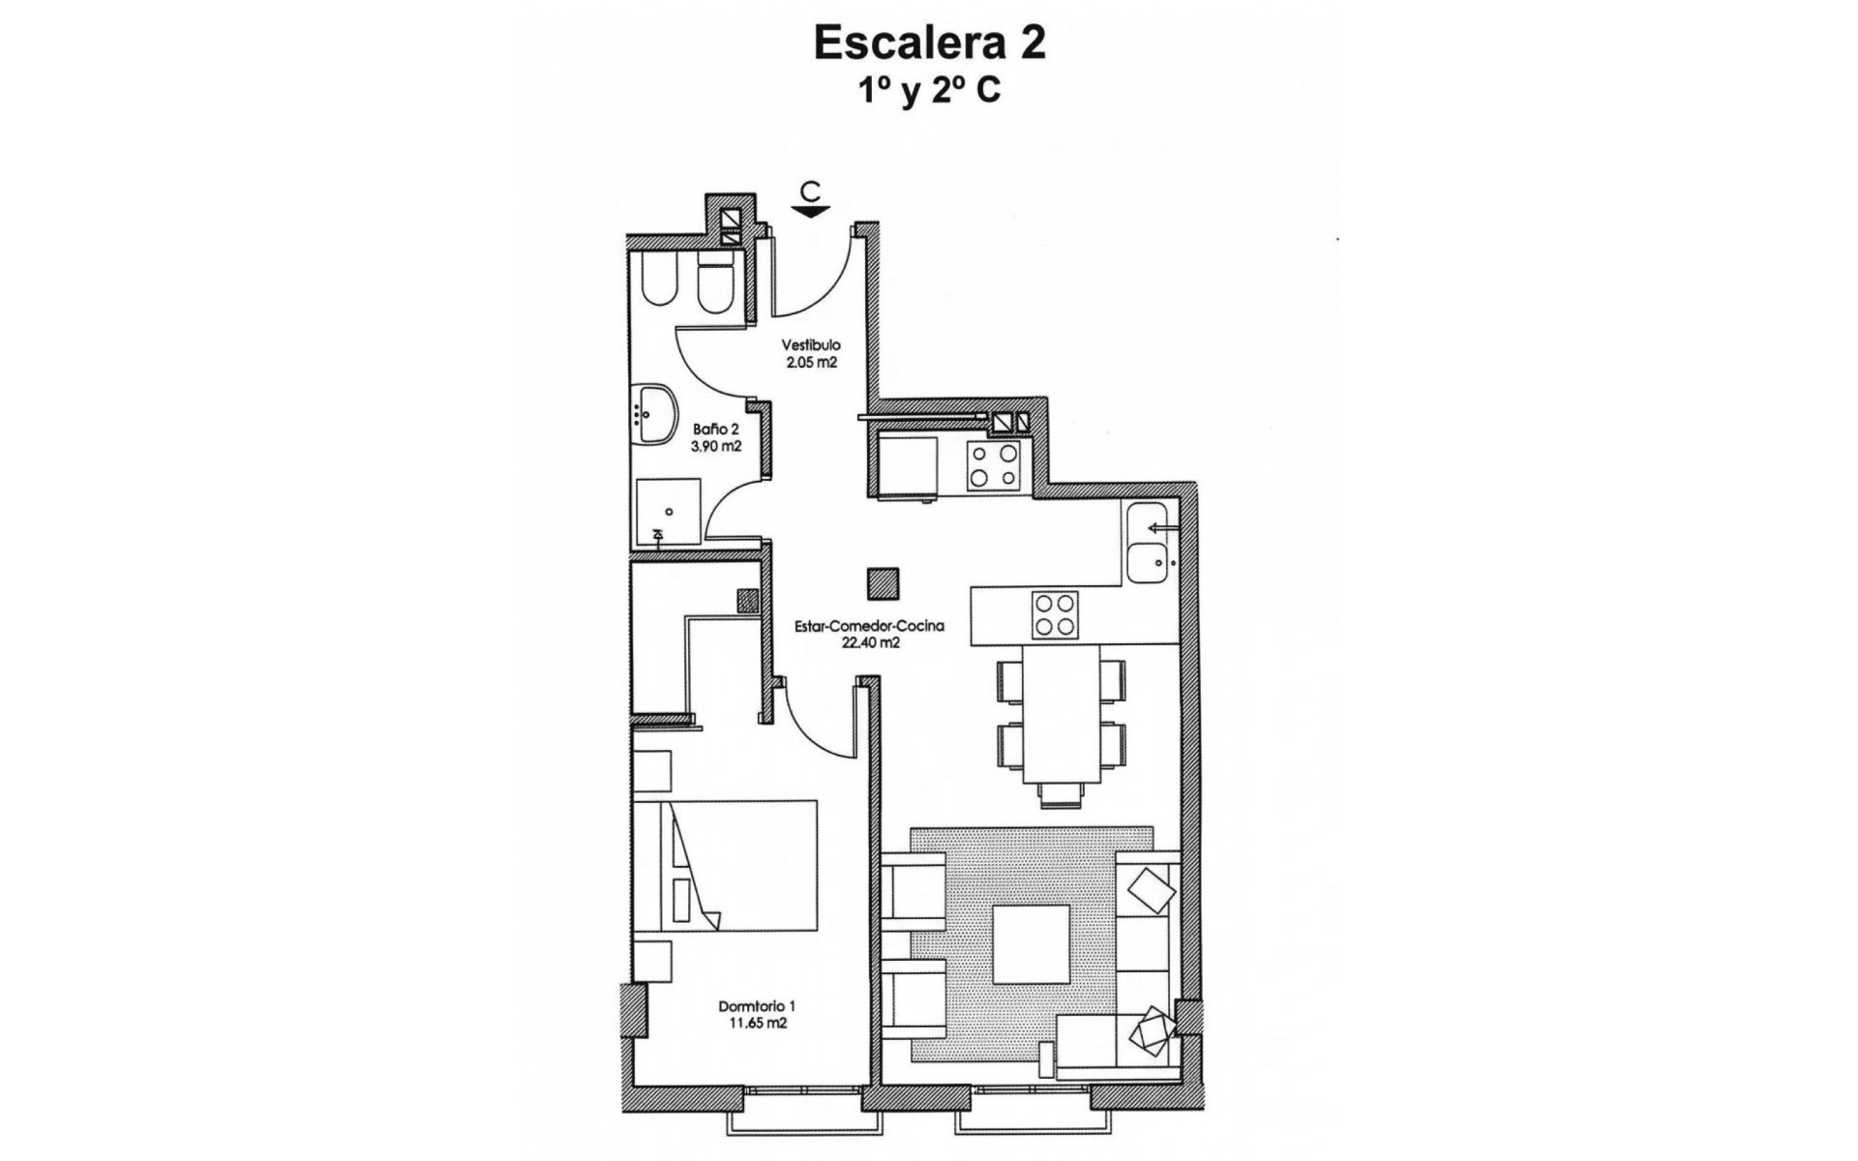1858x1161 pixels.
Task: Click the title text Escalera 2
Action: [x=929, y=44]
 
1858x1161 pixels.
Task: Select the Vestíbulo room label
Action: [x=811, y=344]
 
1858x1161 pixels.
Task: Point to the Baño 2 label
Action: [x=716, y=429]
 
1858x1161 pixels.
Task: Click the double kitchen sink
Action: [x=1150, y=544]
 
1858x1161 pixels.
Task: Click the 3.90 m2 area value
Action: [x=716, y=446]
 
